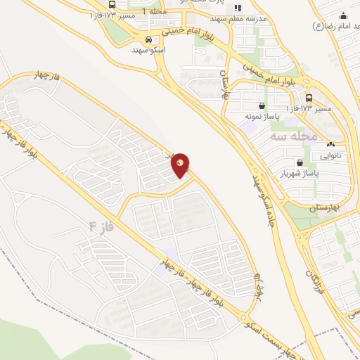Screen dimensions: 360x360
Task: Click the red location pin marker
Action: pyautogui.click(x=181, y=165)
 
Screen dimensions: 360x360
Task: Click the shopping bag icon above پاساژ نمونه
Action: pyautogui.click(x=262, y=105)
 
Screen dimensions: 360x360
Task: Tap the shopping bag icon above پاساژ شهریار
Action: pyautogui.click(x=300, y=162)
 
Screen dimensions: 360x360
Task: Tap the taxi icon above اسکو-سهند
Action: pyautogui.click(x=148, y=39)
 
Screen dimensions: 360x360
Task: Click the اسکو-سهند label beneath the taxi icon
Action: pyautogui.click(x=148, y=50)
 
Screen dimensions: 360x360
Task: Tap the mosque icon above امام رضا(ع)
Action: pyautogui.click(x=343, y=17)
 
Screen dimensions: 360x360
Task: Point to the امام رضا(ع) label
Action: pyautogui.click(x=334, y=27)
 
